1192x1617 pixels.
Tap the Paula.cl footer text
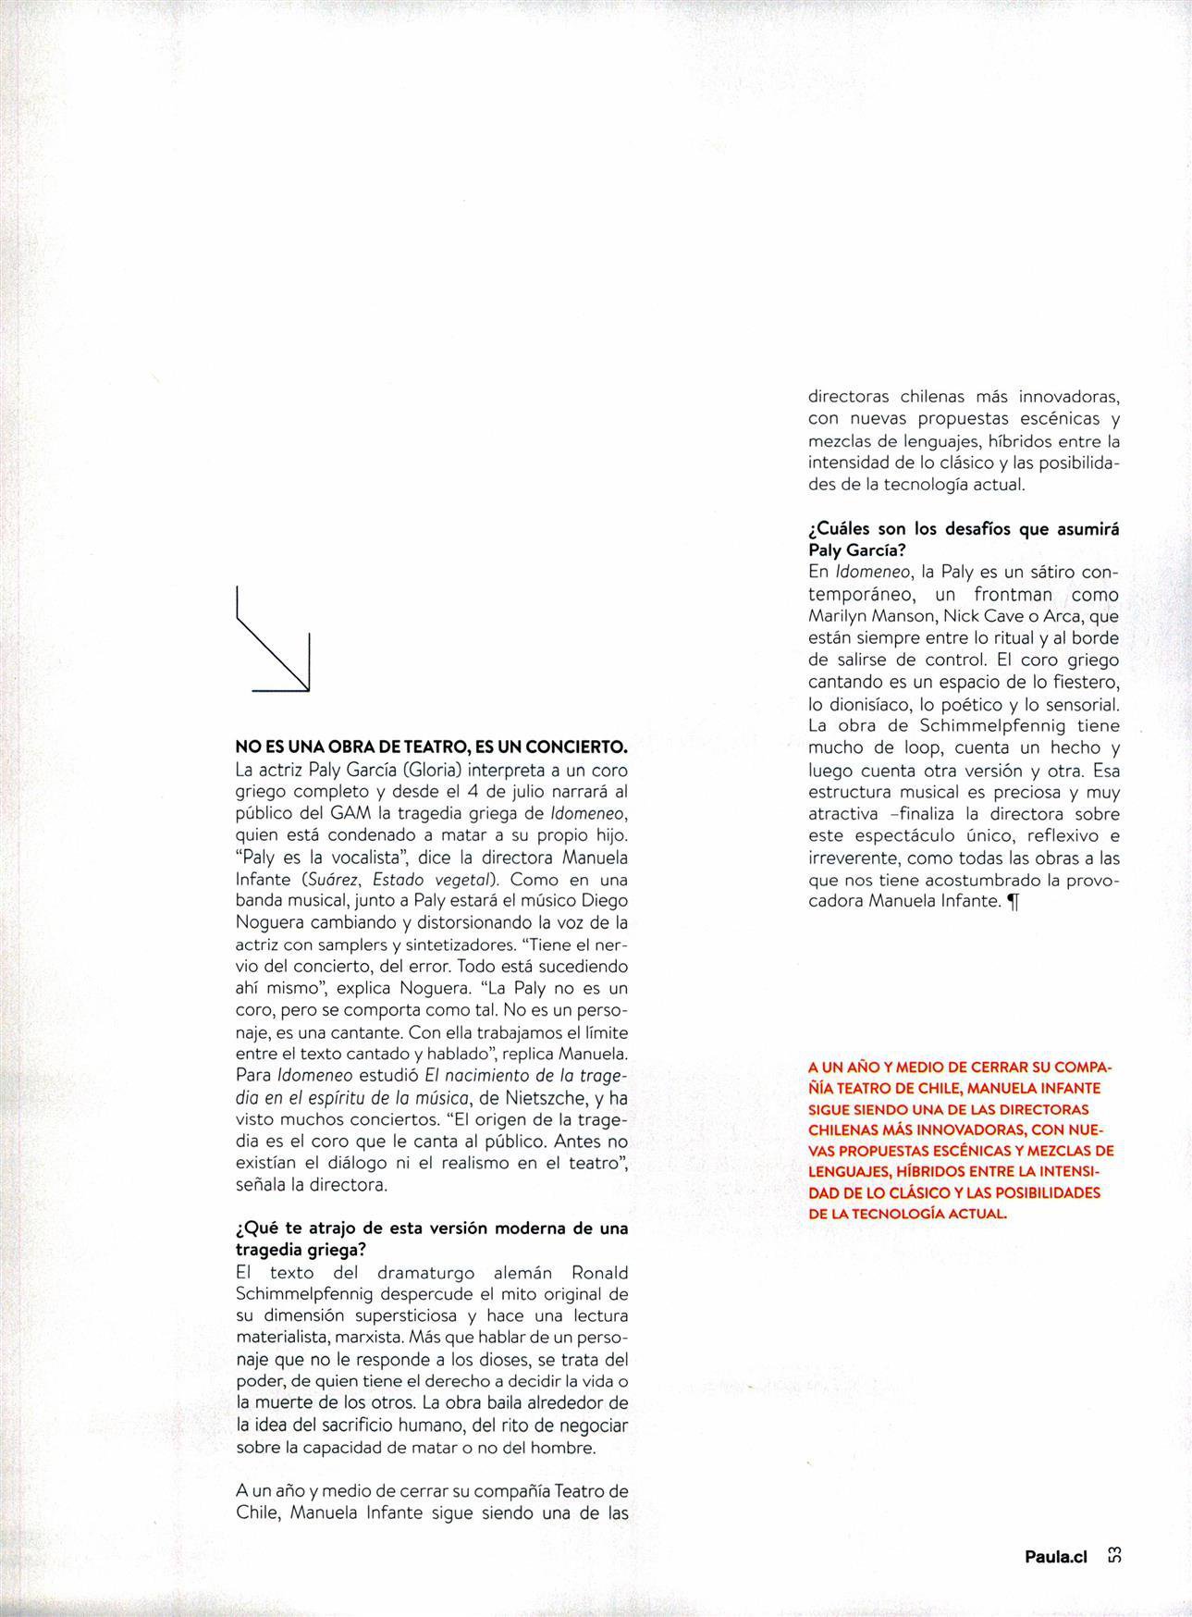pyautogui.click(x=1054, y=1557)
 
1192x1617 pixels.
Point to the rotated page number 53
pyautogui.click(x=1114, y=1556)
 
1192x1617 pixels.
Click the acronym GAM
pyautogui.click(x=349, y=814)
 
